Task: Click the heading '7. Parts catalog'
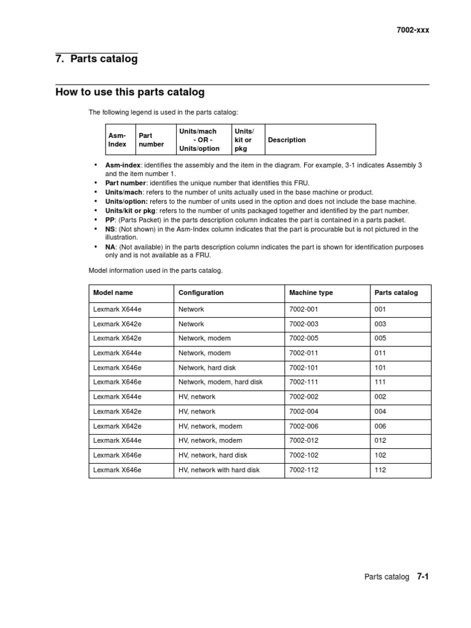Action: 96,59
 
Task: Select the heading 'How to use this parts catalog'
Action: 129,93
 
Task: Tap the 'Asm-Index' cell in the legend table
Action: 117,140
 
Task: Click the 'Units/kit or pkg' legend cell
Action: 244,140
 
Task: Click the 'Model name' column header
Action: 112,293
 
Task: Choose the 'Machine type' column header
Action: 311,293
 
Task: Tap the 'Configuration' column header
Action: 201,293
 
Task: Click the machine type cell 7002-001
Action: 304,309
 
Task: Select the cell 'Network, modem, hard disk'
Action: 220,382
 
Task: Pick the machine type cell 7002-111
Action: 304,382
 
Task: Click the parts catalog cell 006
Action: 380,426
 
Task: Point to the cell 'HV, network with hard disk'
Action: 219,470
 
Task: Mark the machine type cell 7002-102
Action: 304,455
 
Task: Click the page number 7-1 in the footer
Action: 422,576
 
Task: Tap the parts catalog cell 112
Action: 380,470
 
